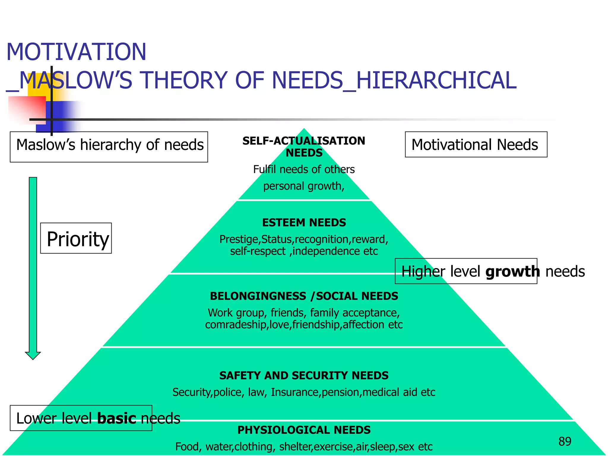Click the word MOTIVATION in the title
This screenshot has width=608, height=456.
click(76, 52)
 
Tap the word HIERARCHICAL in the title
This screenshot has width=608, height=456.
click(436, 80)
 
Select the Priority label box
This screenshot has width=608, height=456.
click(76, 238)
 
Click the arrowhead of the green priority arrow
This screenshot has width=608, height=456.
click(33, 355)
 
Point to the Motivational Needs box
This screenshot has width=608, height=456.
click(476, 145)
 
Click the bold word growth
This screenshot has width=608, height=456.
click(512, 272)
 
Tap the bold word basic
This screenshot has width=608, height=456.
click(117, 418)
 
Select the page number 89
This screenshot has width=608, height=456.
click(565, 442)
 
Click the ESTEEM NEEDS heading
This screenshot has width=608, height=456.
click(304, 223)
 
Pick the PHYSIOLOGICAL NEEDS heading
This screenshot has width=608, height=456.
click(304, 430)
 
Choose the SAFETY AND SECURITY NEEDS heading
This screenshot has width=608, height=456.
click(304, 376)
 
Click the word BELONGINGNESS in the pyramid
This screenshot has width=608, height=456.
click(258, 296)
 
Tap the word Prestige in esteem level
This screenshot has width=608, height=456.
click(239, 239)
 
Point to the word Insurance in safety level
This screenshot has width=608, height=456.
click(295, 392)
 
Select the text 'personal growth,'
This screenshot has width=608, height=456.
click(304, 186)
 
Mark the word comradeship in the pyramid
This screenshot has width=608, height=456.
click(237, 325)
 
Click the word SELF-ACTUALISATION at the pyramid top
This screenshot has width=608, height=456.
click(304, 141)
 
